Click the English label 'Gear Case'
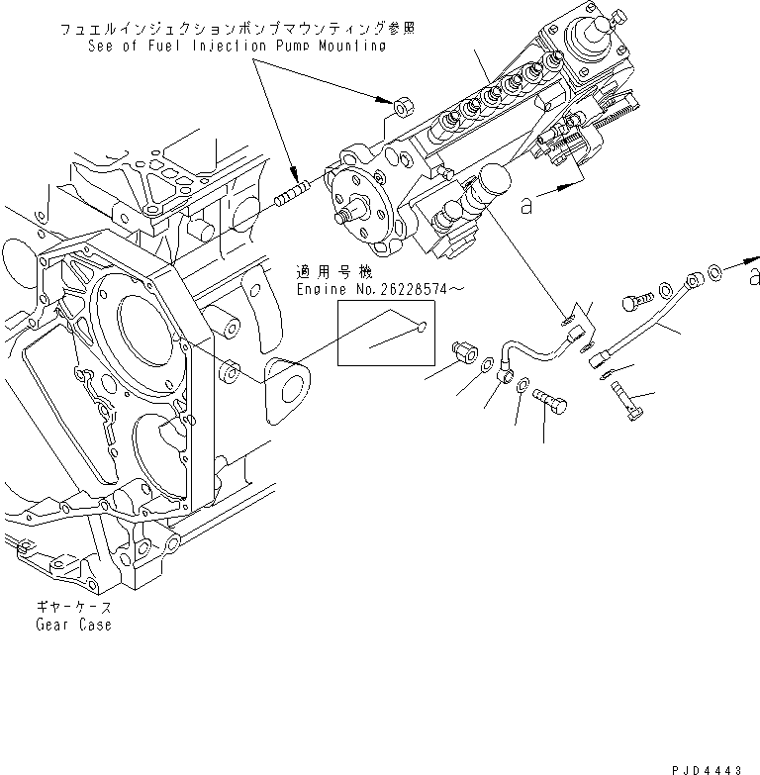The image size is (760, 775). (73, 625)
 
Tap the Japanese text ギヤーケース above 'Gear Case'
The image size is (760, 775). (74, 608)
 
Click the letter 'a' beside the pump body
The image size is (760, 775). (526, 205)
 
